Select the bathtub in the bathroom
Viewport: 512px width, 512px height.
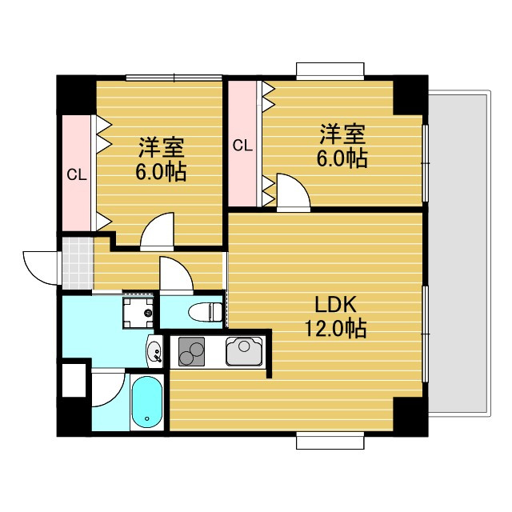point(146,402)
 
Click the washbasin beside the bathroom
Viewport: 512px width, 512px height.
point(154,348)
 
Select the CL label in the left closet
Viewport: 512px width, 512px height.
point(77,174)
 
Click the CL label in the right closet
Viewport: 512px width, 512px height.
point(242,145)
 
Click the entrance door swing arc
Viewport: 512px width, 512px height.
point(40,266)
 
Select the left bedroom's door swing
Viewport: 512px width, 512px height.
point(156,231)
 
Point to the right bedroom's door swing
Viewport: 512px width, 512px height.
point(292,193)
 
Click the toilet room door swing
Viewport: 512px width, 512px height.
point(175,274)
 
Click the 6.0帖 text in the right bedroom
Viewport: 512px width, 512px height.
point(345,158)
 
